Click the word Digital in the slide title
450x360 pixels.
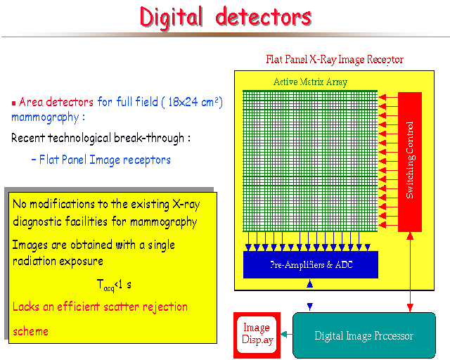(x=172, y=18)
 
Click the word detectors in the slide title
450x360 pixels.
(x=264, y=17)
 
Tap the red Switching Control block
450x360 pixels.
(x=410, y=162)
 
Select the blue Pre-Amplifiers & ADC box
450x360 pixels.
(x=311, y=264)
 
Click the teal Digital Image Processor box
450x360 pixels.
(x=364, y=335)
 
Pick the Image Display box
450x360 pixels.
(x=257, y=335)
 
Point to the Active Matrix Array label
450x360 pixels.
(x=310, y=82)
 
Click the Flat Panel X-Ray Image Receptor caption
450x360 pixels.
(x=335, y=60)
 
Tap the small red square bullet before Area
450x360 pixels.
(x=13, y=103)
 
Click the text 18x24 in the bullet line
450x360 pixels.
(x=183, y=102)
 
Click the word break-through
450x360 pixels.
(x=149, y=138)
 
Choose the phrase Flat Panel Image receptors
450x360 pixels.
(x=105, y=160)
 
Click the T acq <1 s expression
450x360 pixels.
(x=114, y=285)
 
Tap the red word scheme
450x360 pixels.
(x=30, y=332)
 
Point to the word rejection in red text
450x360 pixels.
(x=165, y=307)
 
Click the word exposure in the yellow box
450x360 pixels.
(x=81, y=262)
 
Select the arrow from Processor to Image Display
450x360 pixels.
(x=286, y=335)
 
